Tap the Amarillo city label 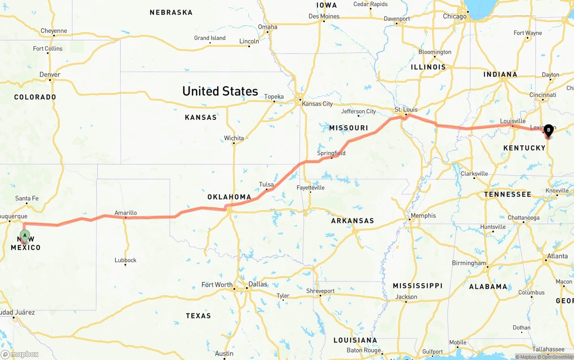tap(126, 213)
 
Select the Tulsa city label tap(266, 184)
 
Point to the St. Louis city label tap(406, 109)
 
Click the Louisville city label tap(513, 121)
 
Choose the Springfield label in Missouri tap(331, 153)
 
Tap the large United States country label tap(220, 91)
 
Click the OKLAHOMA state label tap(229, 197)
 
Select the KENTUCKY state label tap(524, 147)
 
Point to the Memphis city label tap(423, 216)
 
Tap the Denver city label tap(50, 74)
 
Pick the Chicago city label tap(455, 16)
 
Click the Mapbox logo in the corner tap(20, 354)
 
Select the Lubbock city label tap(126, 260)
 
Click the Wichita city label tap(234, 138)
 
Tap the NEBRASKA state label tap(171, 13)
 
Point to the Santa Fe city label tap(27, 198)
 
